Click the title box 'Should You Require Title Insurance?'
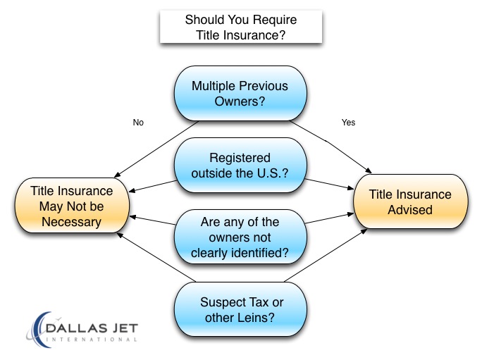[x=241, y=27]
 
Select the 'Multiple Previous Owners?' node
[x=240, y=94]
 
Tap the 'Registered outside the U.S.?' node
[x=240, y=166]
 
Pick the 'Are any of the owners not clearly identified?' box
[x=240, y=237]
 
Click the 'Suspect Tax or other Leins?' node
[x=240, y=309]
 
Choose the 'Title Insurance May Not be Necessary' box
[x=72, y=206]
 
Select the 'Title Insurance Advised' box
[x=411, y=201]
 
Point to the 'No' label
[x=138, y=123]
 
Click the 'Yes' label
[x=348, y=123]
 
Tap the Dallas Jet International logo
[x=82, y=330]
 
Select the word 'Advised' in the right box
[x=410, y=210]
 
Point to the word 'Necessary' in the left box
[x=71, y=222]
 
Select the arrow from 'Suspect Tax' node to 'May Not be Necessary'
[x=156, y=258]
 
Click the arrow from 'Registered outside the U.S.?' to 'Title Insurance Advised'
[x=329, y=184]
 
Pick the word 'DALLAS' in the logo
[x=76, y=328]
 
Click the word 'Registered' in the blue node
[x=240, y=158]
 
